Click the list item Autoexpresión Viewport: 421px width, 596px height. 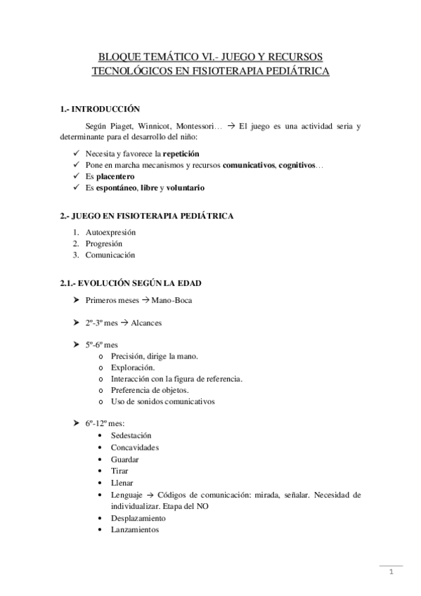(110, 232)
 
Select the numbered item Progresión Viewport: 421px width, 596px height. (105, 243)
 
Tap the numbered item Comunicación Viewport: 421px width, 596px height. (110, 255)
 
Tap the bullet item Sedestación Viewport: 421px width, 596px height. (131, 436)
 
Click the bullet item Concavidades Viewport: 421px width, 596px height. (134, 447)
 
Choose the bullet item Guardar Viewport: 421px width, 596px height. (124, 459)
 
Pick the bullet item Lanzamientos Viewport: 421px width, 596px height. (135, 529)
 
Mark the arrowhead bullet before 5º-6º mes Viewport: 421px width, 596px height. (76, 345)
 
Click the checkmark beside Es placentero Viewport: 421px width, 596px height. (76, 176)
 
